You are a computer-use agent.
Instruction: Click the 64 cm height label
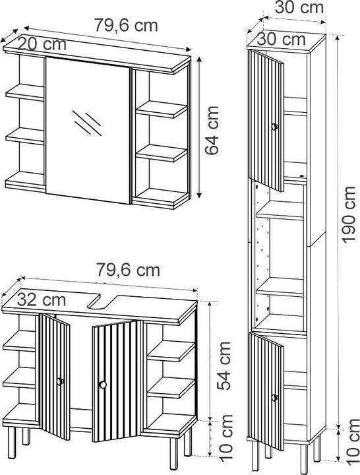tap(212, 130)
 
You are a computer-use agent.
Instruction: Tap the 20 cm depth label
tap(42, 44)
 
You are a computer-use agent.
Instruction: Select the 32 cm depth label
tap(41, 300)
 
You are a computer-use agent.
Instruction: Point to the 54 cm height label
tap(224, 365)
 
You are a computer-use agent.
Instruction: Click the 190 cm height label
tap(349, 214)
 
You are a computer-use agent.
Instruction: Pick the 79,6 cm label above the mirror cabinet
tap(126, 25)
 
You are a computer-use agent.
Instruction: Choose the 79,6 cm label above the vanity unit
tap(128, 269)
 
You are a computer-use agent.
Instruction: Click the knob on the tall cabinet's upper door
tap(275, 127)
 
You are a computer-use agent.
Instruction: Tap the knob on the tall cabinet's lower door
tap(275, 398)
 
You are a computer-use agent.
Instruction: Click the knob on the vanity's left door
tap(60, 381)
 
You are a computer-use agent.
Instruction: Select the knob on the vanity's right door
tap(103, 385)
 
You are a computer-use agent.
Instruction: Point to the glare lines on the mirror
tap(87, 123)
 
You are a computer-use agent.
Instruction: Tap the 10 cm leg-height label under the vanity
tap(225, 438)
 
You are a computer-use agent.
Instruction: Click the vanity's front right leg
tap(174, 449)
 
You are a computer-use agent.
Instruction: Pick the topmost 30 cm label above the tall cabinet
tap(299, 7)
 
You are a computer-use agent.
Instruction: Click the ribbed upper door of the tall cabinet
tap(266, 121)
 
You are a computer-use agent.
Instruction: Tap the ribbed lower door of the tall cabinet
tap(266, 391)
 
